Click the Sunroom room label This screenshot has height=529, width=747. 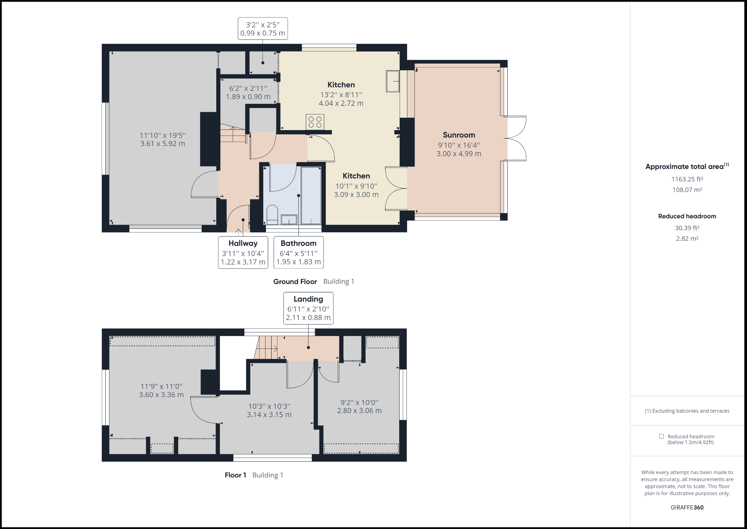click(x=459, y=135)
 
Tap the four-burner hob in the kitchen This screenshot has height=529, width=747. click(x=315, y=122)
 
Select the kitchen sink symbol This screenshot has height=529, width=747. click(x=393, y=81)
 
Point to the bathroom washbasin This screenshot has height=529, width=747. click(x=289, y=219)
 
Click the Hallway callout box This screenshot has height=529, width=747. click(x=243, y=252)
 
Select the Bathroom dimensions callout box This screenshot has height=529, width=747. click(x=298, y=252)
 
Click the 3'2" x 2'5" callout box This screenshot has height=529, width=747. click(x=263, y=28)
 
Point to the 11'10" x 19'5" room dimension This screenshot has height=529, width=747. click(x=162, y=139)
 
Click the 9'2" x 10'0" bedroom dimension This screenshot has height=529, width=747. click(x=359, y=406)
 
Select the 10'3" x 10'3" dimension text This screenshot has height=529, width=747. click(x=269, y=410)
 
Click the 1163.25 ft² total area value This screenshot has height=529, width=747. click(x=687, y=179)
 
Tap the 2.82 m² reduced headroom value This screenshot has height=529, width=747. click(x=687, y=239)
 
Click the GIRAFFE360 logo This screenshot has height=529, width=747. click(x=687, y=507)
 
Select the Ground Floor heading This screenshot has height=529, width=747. click(x=295, y=282)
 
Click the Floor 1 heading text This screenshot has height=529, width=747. click(x=235, y=475)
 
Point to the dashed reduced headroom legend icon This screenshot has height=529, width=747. click(x=661, y=436)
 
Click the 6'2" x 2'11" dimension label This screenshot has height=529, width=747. click(x=248, y=92)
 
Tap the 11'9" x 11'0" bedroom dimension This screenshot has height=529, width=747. click(x=161, y=390)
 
